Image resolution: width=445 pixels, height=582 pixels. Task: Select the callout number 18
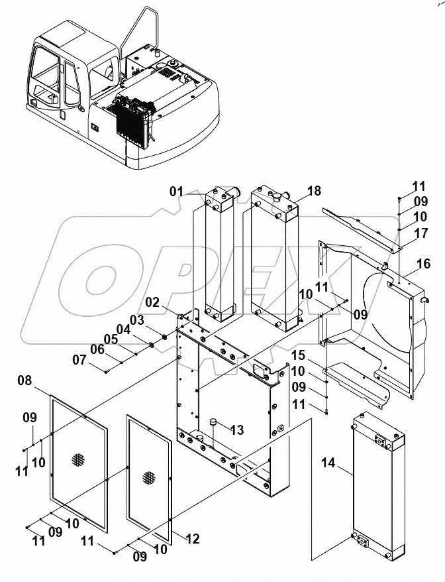point(315,191)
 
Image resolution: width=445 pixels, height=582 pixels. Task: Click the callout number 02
point(152,303)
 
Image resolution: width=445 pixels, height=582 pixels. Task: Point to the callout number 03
point(136,320)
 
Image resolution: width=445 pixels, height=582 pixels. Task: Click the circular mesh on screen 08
point(79,458)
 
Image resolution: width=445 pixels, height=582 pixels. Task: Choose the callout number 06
point(97,349)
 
